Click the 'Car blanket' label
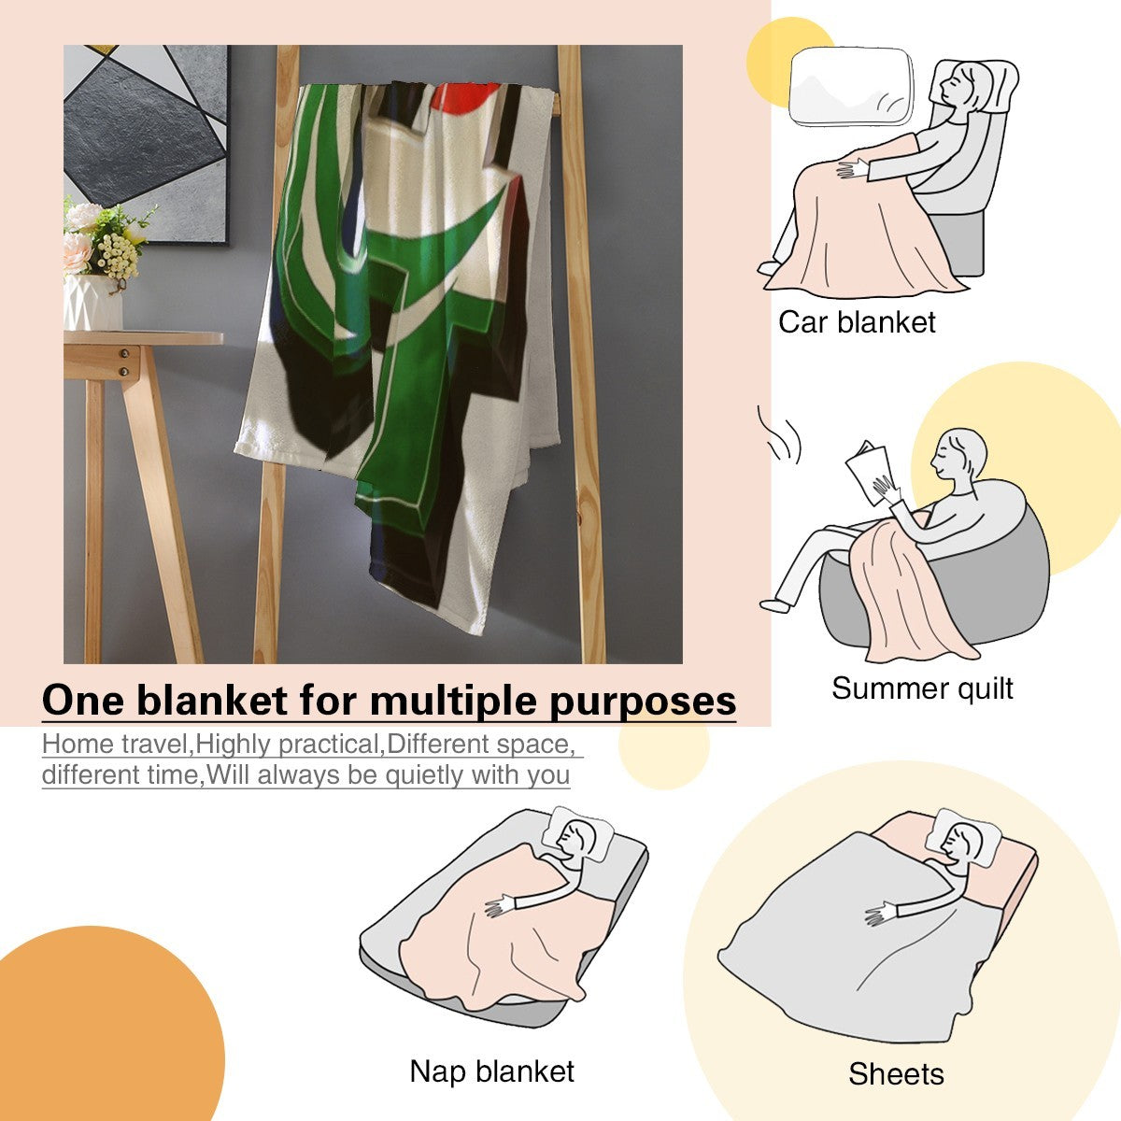pyautogui.click(x=857, y=322)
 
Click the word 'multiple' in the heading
pyautogui.click(x=452, y=701)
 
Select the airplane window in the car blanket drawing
pyautogui.click(x=850, y=86)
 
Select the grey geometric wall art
pyautogui.click(x=146, y=143)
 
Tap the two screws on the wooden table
pyautogui.click(x=124, y=362)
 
